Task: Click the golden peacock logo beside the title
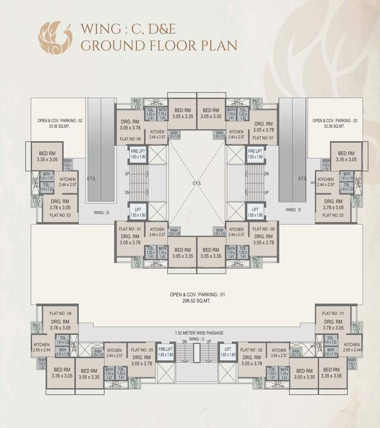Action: [55, 36]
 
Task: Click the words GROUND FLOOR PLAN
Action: [159, 45]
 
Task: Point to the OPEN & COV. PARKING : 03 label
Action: [334, 120]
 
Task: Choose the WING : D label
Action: [100, 212]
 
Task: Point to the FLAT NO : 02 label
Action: [251, 350]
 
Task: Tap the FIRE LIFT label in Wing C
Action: [166, 352]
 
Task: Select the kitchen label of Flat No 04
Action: [41, 347]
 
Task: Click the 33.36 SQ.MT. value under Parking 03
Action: [334, 127]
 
